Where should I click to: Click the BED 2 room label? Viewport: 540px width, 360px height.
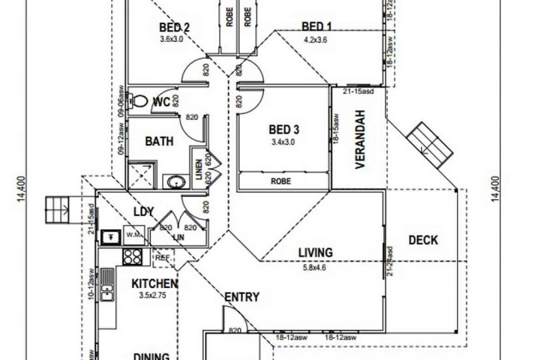(x=175, y=28)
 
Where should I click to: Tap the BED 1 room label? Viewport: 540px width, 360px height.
(x=317, y=27)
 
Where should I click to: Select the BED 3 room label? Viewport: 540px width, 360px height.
(x=283, y=129)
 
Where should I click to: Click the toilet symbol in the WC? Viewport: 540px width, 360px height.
(x=139, y=102)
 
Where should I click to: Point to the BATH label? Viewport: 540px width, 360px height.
(x=159, y=141)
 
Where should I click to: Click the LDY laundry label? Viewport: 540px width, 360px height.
(x=145, y=212)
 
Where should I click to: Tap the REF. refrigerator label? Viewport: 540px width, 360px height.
(x=162, y=255)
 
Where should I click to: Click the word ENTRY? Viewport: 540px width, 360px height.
(x=241, y=297)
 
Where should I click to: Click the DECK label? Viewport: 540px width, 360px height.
(x=423, y=240)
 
